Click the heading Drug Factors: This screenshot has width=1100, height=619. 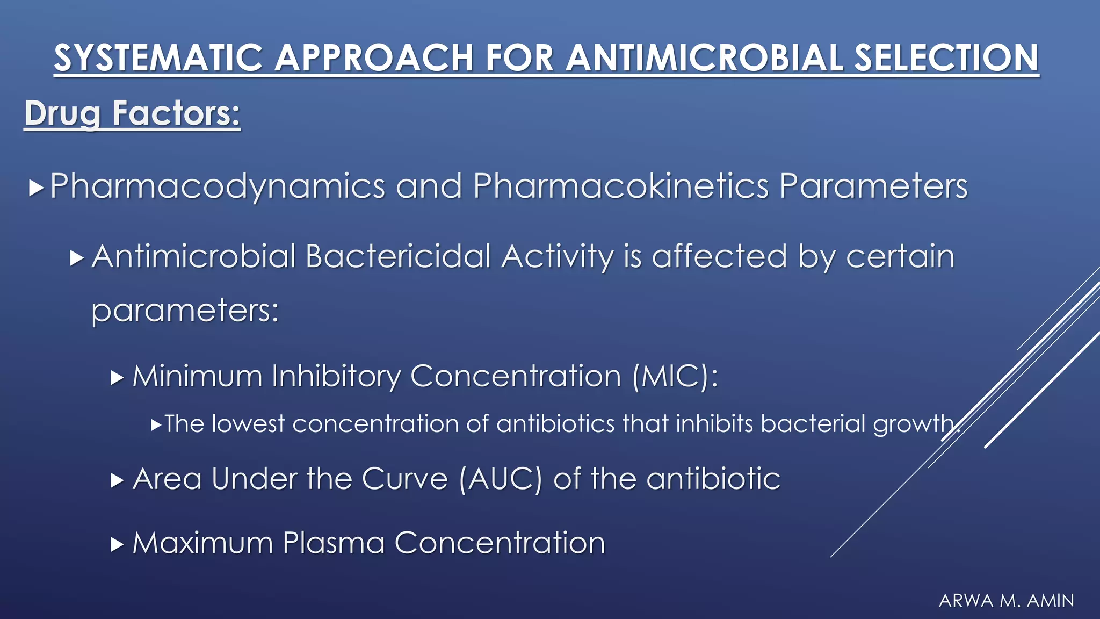[132, 113]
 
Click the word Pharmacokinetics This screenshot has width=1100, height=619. [621, 186]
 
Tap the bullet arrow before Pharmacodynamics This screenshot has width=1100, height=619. [36, 188]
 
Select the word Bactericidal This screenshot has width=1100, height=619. [398, 256]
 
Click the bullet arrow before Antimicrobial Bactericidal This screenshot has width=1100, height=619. [77, 258]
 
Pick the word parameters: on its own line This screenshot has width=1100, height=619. [185, 311]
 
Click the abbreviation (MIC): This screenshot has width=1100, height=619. [675, 376]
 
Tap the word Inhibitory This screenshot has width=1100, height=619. [336, 376]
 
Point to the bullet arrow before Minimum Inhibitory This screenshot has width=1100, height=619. [117, 378]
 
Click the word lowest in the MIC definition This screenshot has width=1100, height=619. [248, 424]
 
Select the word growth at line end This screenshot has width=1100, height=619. [913, 424]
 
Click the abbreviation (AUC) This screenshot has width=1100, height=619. [501, 478]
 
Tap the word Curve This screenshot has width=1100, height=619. [404, 478]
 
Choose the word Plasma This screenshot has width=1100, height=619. [334, 543]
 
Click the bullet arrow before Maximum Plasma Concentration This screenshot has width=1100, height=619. [117, 545]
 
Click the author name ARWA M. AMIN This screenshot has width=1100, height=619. [1006, 601]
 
